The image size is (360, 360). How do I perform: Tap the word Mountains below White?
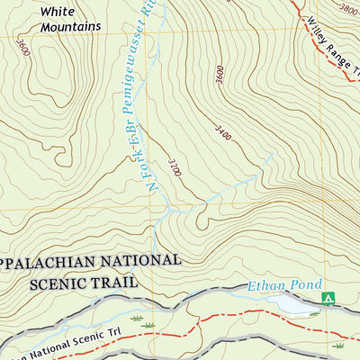pyautogui.click(x=70, y=27)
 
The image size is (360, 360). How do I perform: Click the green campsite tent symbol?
pyautogui.click(x=328, y=298)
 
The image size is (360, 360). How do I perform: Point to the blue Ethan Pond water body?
pyautogui.click(x=297, y=306)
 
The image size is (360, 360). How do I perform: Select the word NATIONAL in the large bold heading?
pyautogui.click(x=140, y=261)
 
